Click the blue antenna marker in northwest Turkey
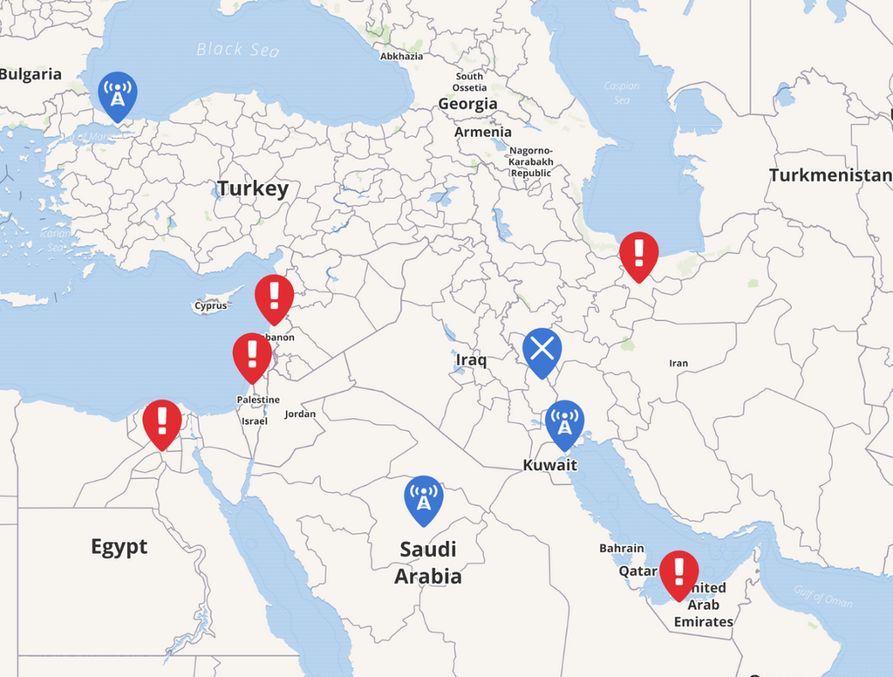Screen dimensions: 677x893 pyautogui.click(x=117, y=93)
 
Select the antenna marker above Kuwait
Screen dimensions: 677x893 pyautogui.click(x=564, y=422)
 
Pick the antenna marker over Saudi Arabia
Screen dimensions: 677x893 pyautogui.click(x=424, y=498)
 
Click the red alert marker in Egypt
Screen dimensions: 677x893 pyautogui.click(x=162, y=421)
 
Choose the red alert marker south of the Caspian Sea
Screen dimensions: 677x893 pyautogui.click(x=639, y=254)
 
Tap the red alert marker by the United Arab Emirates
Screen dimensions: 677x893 pyautogui.click(x=679, y=572)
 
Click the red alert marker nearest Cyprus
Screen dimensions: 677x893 pyautogui.click(x=275, y=297)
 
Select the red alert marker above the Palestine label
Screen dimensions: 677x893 pyautogui.click(x=253, y=354)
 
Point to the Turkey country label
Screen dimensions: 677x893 pyautogui.click(x=252, y=188)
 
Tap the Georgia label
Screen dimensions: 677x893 pyautogui.click(x=467, y=104)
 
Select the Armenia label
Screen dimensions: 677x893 pyautogui.click(x=483, y=132)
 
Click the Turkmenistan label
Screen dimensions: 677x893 pyautogui.click(x=830, y=175)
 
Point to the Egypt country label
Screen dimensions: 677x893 pyautogui.click(x=119, y=547)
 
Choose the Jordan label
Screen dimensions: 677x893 pyautogui.click(x=300, y=414)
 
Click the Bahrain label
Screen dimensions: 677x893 pyautogui.click(x=622, y=548)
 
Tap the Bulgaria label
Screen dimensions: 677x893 pyautogui.click(x=31, y=74)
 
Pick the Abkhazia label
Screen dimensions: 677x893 pyautogui.click(x=402, y=56)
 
